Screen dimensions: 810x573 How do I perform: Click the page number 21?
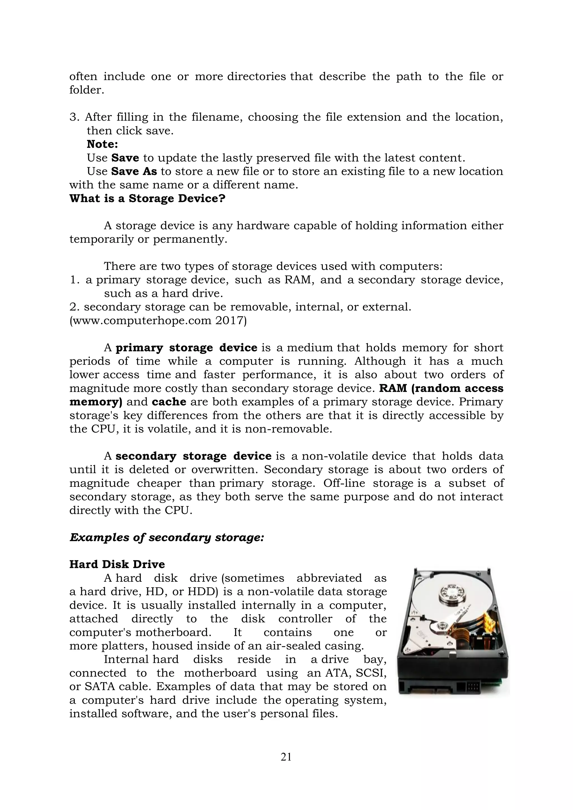(286, 757)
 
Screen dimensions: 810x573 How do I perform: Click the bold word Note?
(102, 144)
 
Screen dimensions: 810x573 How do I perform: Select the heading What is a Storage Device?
(147, 199)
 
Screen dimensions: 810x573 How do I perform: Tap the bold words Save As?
(134, 172)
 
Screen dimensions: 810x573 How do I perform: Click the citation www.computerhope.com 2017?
(158, 321)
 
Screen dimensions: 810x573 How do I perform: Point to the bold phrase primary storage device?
(186, 348)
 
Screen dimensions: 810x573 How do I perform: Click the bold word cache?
(169, 402)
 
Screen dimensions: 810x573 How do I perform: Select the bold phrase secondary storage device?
(193, 456)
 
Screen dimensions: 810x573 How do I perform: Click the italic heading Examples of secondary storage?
(166, 537)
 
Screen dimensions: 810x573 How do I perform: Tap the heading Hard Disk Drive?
(117, 564)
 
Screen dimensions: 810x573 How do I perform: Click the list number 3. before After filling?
(74, 117)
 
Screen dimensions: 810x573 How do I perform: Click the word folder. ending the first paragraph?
(87, 90)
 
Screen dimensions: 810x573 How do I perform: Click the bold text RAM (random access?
(441, 388)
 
